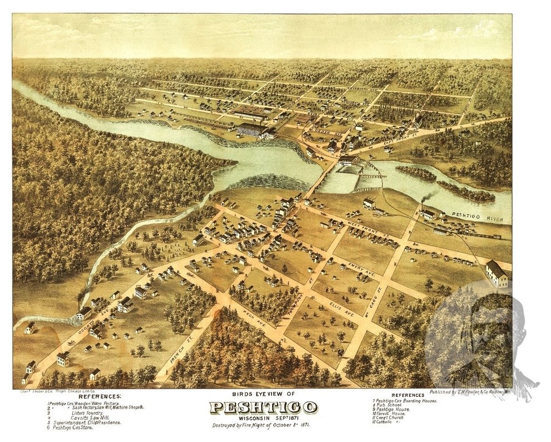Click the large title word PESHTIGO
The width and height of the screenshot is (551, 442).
[x=263, y=408]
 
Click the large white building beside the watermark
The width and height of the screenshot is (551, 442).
[x=496, y=273]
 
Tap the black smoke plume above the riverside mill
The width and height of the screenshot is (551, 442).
[x=429, y=198]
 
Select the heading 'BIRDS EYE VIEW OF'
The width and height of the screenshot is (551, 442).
[x=263, y=394]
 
